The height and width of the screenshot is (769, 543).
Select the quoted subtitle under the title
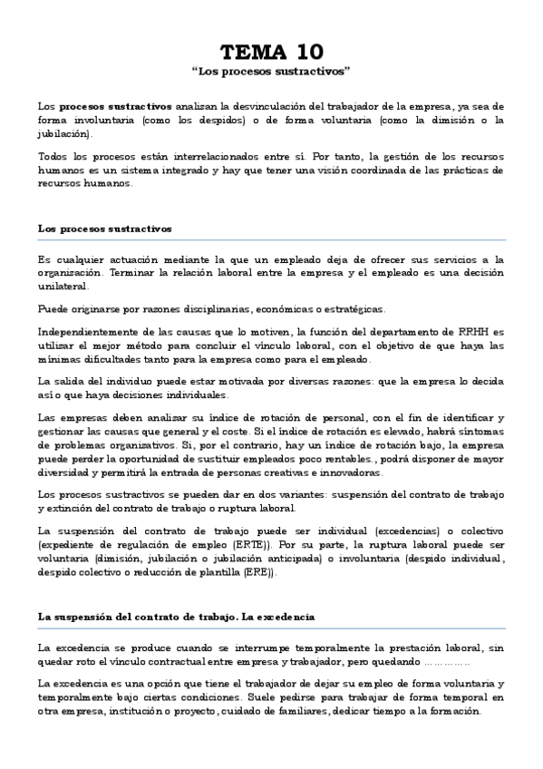click(271, 70)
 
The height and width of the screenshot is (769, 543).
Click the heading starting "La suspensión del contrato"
click(176, 616)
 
